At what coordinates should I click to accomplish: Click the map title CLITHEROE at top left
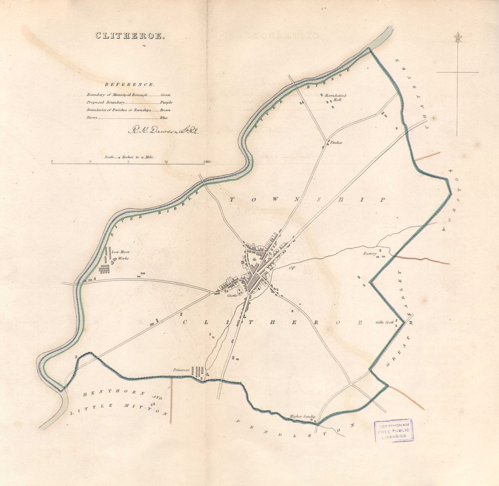tap(129, 36)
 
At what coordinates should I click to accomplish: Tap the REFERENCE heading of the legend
tap(130, 85)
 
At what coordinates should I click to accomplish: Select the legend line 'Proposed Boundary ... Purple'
tap(129, 102)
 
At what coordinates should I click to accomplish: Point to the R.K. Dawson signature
tap(163, 131)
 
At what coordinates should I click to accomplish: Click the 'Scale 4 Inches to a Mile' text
tap(129, 157)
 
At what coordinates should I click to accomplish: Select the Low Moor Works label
tap(121, 255)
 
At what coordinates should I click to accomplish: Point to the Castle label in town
tap(232, 295)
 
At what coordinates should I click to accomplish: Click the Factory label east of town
tap(370, 253)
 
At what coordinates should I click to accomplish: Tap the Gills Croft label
tap(385, 323)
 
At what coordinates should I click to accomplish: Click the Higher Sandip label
tap(303, 417)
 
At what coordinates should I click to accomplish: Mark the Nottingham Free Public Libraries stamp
tap(394, 430)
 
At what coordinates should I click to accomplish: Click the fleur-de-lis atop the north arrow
tap(457, 38)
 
